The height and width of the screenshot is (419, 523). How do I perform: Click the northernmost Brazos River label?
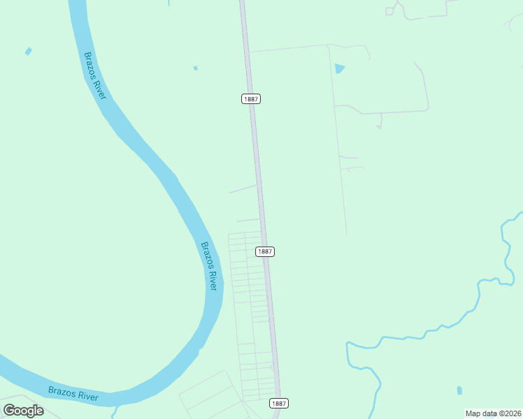coord(94,75)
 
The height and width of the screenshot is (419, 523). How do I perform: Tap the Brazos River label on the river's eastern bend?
coord(210,266)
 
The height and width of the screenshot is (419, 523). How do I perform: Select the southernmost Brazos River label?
coord(73,393)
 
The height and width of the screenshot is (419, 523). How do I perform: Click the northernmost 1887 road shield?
coord(252,99)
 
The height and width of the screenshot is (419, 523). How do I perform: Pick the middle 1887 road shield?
coord(264,251)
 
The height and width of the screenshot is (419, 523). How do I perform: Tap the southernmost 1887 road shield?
coord(278,403)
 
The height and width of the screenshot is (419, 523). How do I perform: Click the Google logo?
coord(23,411)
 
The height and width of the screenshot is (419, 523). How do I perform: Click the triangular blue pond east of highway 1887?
coord(339,68)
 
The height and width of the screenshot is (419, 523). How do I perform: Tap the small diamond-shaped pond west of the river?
coord(29,51)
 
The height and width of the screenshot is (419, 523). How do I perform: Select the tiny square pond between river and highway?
coord(195,68)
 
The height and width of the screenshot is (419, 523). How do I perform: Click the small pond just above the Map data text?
coord(459,390)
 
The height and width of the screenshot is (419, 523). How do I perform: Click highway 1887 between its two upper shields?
coord(257,175)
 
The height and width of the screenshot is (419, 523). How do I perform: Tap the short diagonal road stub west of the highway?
coord(243,189)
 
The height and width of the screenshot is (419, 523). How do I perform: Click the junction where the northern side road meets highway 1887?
coord(249,52)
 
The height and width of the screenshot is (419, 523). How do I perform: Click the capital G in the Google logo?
coord(9,411)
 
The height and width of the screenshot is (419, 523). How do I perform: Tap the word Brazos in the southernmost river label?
coord(61,390)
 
